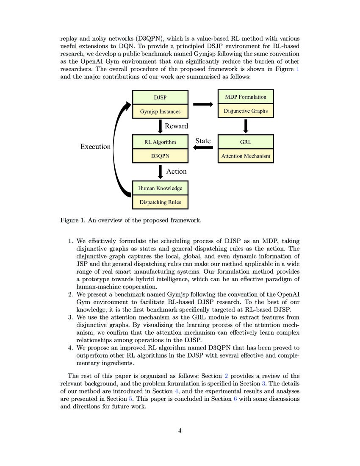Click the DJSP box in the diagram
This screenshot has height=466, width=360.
click(x=160, y=97)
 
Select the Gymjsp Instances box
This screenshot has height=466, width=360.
click(x=160, y=112)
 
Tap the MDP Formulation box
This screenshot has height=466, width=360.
click(x=246, y=97)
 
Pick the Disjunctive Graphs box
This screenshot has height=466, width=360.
click(x=246, y=111)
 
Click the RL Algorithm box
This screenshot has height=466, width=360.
click(x=160, y=142)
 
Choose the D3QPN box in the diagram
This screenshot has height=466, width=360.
click(x=160, y=156)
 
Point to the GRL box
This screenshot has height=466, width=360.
click(x=246, y=142)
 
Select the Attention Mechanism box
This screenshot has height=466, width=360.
click(x=246, y=156)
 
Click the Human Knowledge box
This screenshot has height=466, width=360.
click(x=160, y=188)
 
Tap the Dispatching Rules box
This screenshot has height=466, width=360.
click(x=160, y=202)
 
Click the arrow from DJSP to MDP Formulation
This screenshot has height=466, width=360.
click(x=203, y=104)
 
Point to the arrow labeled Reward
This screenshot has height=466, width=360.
click(x=160, y=126)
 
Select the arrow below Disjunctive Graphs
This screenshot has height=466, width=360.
click(x=246, y=126)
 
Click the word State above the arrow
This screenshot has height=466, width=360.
click(x=203, y=141)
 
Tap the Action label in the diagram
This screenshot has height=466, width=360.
click(x=176, y=171)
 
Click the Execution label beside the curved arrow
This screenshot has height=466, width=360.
click(x=95, y=147)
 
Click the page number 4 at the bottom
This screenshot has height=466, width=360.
click(x=180, y=430)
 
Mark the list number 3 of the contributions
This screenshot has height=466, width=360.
click(x=71, y=317)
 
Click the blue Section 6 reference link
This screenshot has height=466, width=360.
click(x=235, y=399)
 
